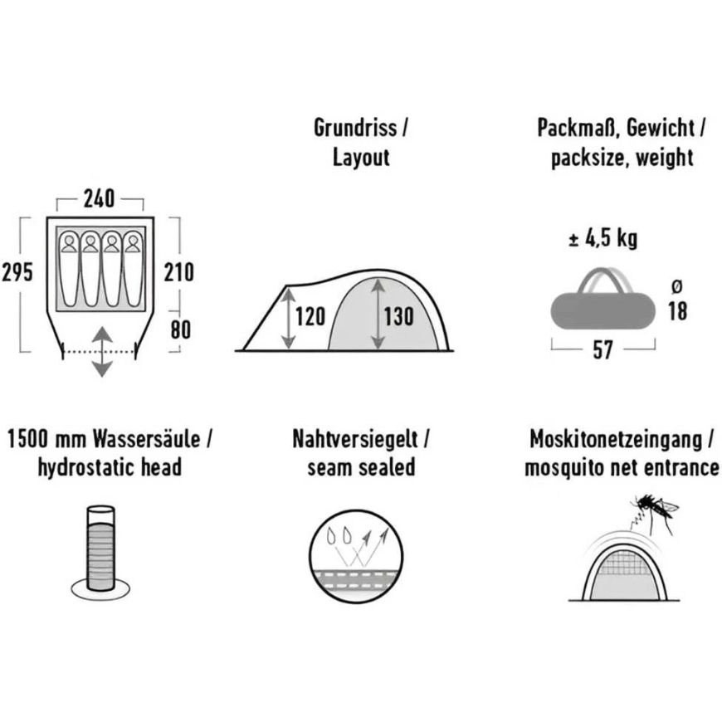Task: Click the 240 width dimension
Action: (99, 199)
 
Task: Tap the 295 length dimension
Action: (17, 272)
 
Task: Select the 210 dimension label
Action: (178, 272)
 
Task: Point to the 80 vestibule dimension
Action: (181, 330)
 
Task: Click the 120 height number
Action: (310, 317)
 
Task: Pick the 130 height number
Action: (398, 317)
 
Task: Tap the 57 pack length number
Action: (602, 350)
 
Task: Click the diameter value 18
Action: (678, 311)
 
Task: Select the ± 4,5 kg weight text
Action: (603, 238)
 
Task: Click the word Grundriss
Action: (355, 128)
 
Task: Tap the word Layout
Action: (362, 158)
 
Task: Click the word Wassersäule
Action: (147, 439)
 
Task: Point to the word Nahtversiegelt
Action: (355, 439)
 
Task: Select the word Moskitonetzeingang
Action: (616, 440)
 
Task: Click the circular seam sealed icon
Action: (355, 556)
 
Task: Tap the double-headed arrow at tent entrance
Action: (102, 352)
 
